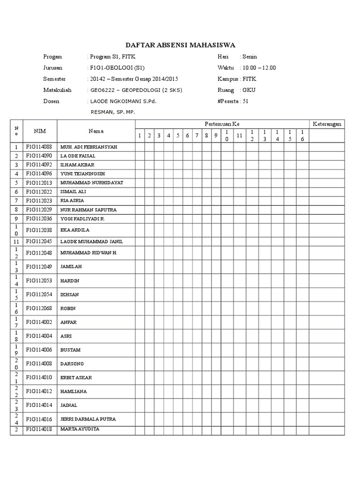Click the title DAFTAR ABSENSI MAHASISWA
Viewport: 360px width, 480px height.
[x=180, y=45]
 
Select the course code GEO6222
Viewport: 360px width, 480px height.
[x=100, y=90]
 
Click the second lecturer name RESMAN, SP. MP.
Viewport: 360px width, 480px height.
[x=112, y=112]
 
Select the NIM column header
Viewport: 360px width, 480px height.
[x=39, y=131]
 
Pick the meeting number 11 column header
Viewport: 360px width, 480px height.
[x=239, y=135]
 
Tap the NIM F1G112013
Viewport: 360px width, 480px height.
[x=39, y=182]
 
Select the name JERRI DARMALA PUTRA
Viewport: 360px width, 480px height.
[x=88, y=419]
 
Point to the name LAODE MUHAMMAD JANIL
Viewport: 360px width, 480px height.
[x=91, y=241]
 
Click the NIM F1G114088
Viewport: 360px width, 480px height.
[x=39, y=147]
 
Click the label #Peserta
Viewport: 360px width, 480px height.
[x=228, y=101]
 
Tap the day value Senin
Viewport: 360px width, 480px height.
[x=249, y=56]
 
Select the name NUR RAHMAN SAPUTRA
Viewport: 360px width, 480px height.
[x=89, y=209]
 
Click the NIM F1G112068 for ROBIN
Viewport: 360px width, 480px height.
[x=39, y=308]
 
